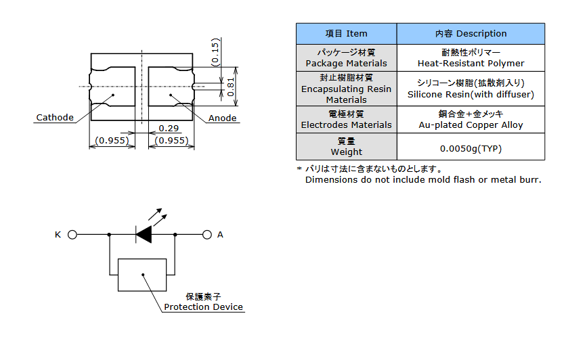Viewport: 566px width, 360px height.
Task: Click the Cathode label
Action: [55, 118]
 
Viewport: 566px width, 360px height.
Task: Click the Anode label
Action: [222, 118]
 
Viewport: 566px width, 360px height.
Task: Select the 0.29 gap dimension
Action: [169, 129]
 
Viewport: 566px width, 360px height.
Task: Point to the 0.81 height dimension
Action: [231, 87]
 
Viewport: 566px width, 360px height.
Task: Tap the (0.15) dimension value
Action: [215, 52]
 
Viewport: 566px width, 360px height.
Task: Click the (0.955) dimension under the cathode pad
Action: [112, 140]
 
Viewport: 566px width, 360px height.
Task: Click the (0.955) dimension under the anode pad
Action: [171, 140]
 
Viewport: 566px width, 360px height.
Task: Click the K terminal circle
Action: [72, 235]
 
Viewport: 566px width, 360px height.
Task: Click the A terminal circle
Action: [207, 235]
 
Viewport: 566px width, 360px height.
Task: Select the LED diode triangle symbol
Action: [144, 235]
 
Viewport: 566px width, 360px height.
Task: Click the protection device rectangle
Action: [142, 275]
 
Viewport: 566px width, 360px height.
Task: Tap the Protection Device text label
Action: [203, 307]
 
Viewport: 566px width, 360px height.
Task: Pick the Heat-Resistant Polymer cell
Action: [471, 58]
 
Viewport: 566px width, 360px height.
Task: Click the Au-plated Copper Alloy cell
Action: [471, 119]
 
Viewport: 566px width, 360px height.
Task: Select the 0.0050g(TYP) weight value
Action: [471, 149]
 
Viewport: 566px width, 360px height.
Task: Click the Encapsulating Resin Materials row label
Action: [346, 89]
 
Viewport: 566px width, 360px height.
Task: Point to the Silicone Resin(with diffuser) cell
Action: [471, 89]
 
